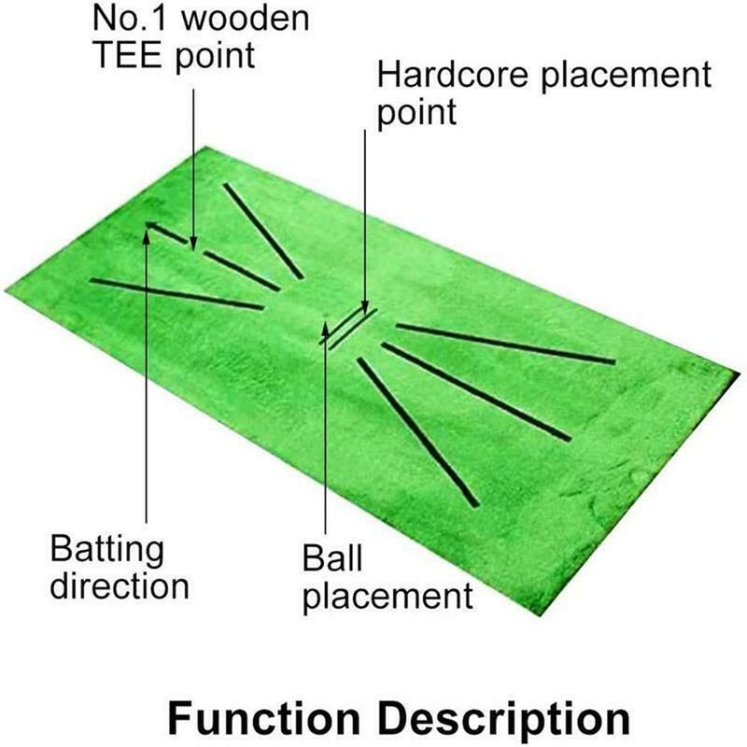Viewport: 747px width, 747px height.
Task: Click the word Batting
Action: (x=107, y=549)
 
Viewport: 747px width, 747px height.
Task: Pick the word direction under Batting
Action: (x=120, y=586)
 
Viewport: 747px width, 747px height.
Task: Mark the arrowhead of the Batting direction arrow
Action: (x=147, y=227)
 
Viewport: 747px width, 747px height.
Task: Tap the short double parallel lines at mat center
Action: (x=348, y=326)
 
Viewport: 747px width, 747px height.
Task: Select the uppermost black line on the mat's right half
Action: (x=505, y=343)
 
